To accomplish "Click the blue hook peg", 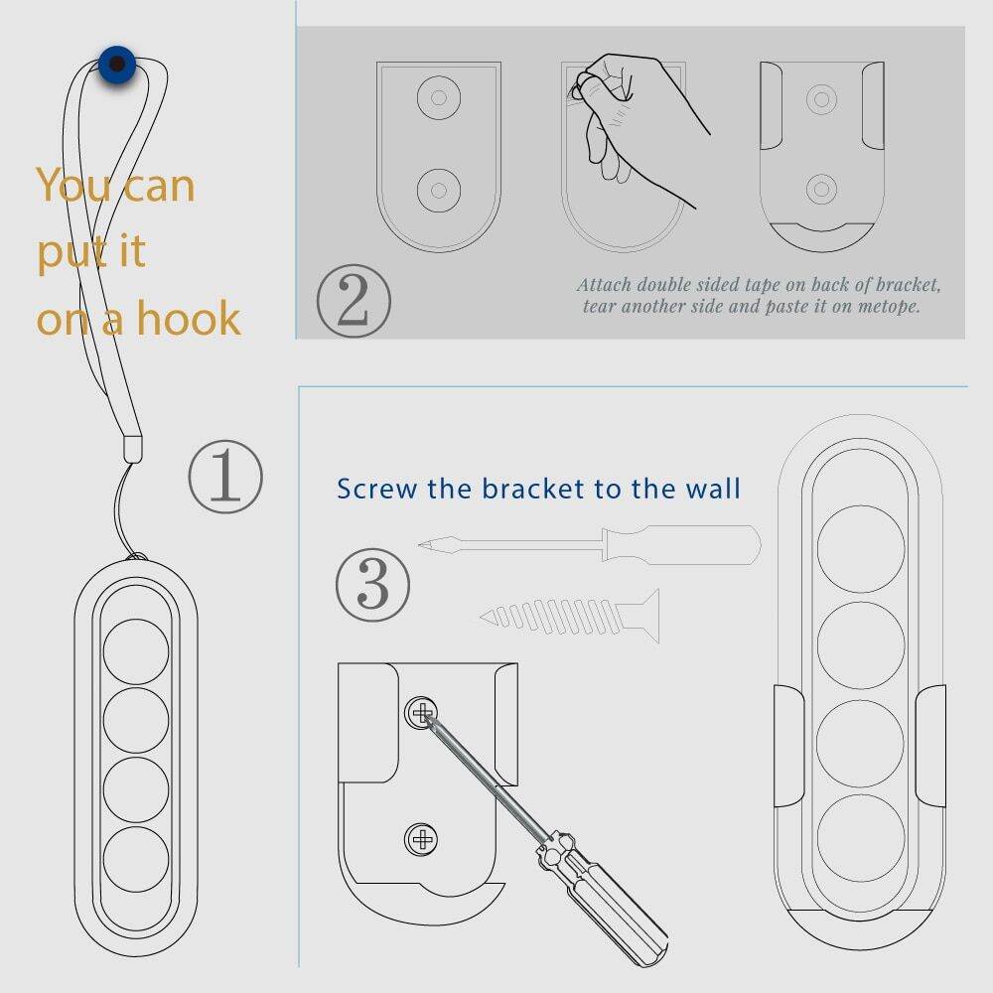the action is (117, 65).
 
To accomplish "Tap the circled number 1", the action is (225, 477).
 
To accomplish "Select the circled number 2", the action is (354, 301).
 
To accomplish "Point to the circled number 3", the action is (372, 585).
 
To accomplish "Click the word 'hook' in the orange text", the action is (189, 318).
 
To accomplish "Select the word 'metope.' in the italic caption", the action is (889, 307).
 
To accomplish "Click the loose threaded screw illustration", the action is (569, 617).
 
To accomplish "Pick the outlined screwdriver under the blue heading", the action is (590, 544).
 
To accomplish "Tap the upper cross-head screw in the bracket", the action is (421, 713).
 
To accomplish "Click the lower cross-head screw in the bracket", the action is (421, 840).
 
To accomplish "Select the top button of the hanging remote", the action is (136, 651).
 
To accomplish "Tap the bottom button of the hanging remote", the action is (136, 859).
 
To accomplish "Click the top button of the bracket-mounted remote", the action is (861, 549).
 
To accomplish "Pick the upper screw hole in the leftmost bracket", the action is (439, 97).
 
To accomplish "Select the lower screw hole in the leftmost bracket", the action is (439, 190).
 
